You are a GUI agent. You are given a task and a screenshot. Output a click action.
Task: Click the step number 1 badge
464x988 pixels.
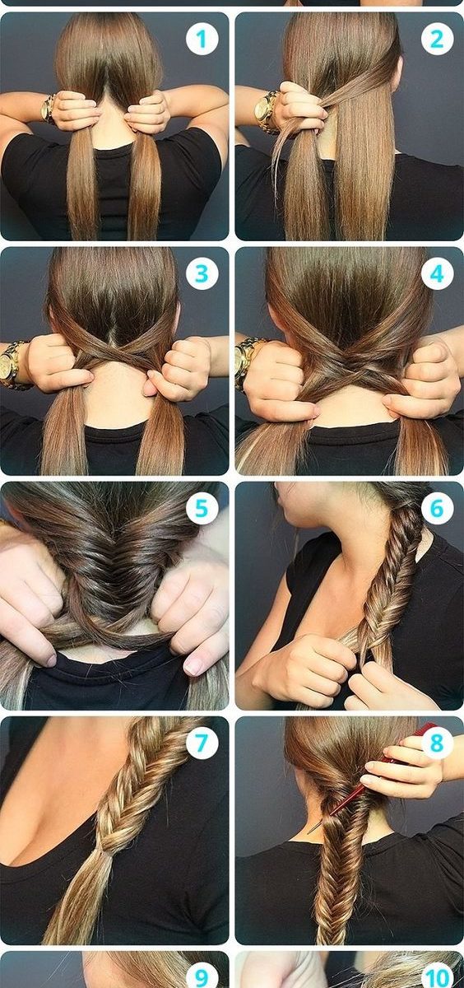tap(202, 40)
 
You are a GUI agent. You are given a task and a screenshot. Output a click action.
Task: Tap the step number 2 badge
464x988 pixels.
tap(437, 40)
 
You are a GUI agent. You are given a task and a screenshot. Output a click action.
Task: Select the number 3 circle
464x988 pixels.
tap(202, 274)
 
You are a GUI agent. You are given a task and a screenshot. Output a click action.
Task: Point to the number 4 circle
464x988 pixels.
tap(437, 274)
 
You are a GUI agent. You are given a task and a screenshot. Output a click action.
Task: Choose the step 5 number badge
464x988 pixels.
tap(202, 509)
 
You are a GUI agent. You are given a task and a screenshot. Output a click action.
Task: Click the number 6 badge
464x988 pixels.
tap(437, 509)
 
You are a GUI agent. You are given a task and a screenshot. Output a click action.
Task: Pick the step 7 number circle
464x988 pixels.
tap(202, 743)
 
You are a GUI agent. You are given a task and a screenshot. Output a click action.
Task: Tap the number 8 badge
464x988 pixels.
tap(437, 743)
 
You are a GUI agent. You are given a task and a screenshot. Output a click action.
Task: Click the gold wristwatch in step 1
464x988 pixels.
tap(48, 109)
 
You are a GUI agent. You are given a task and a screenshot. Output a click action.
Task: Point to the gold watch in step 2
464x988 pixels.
tap(266, 111)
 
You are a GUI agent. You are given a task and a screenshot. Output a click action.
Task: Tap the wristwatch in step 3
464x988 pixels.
tap(12, 366)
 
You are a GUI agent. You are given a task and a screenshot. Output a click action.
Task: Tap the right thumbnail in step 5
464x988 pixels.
tap(193, 668)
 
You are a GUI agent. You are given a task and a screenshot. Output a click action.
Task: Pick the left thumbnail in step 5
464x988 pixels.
tap(51, 660)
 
